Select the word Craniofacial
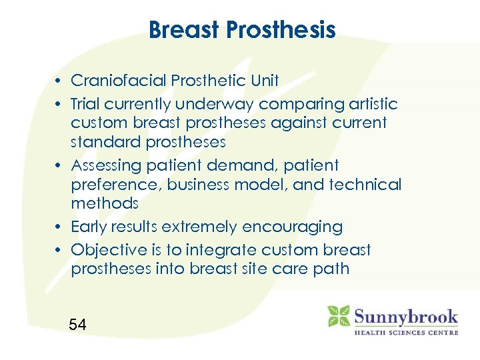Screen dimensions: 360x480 [119, 81]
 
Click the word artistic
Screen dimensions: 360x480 [369, 104]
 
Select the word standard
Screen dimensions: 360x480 [107, 142]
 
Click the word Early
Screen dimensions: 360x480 [89, 227]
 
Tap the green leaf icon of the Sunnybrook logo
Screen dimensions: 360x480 [338, 316]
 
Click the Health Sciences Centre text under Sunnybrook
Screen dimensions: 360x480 [405, 331]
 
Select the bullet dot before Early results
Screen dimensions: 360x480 [60, 227]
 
